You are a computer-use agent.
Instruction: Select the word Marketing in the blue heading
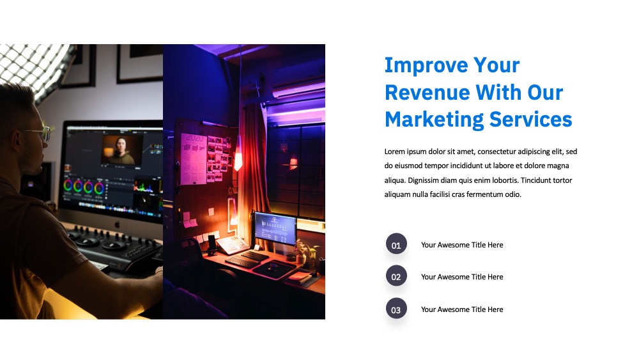coord(434,120)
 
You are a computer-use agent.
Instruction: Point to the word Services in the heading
coord(530,120)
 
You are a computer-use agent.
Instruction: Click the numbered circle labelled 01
coord(396,244)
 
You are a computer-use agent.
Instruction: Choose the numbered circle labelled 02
coord(396,276)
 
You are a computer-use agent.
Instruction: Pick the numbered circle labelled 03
coord(396,308)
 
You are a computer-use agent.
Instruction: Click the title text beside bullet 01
coord(462,245)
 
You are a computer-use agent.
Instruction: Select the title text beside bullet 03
coord(462,309)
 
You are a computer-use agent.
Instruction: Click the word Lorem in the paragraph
coord(394,152)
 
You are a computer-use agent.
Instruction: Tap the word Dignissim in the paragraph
coord(423,180)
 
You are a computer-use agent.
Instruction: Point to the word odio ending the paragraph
coord(513,194)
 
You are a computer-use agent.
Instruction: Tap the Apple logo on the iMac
coord(118,224)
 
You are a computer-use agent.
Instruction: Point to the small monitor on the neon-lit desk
coord(275,228)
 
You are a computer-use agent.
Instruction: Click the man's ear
coord(17,141)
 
